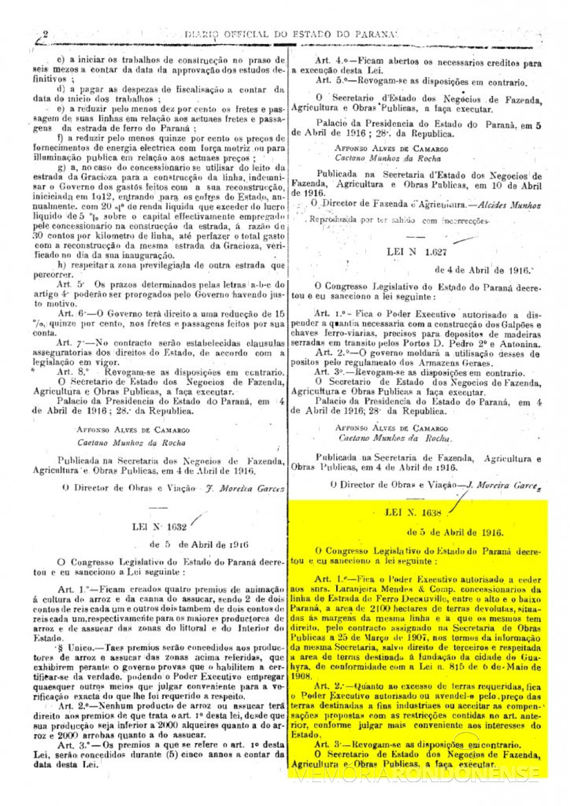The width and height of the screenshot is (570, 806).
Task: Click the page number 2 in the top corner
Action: click(44, 35)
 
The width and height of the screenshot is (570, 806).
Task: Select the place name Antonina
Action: click(521, 344)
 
